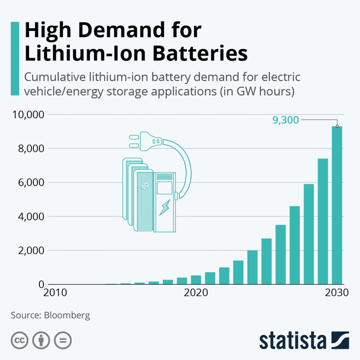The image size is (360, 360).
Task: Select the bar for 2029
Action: (323, 221)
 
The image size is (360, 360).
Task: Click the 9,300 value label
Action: (285, 120)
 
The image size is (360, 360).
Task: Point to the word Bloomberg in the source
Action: (67, 315)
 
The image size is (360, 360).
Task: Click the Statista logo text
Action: (293, 341)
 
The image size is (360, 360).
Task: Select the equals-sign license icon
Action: (63, 340)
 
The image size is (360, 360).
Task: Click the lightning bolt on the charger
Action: (165, 207)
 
